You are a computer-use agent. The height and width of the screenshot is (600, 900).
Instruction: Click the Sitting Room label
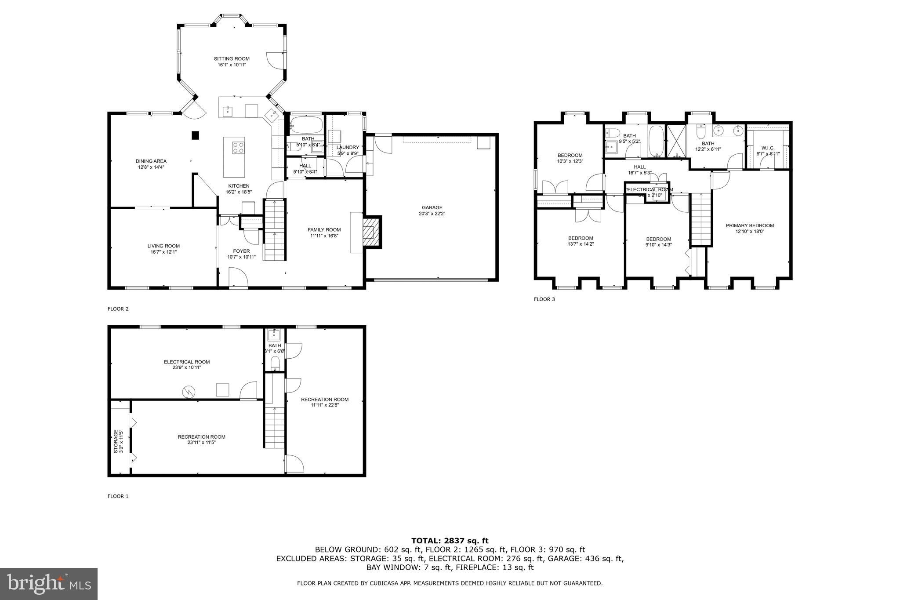232,58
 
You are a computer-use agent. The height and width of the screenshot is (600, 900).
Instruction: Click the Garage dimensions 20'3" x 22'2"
432,214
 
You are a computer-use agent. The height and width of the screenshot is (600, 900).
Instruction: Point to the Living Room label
163,246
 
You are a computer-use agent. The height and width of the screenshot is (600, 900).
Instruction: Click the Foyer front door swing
238,278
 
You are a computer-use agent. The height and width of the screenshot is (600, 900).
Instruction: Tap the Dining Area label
151,161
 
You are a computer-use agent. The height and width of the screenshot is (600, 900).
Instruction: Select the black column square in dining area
195,135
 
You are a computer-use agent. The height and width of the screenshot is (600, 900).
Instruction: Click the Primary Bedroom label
750,225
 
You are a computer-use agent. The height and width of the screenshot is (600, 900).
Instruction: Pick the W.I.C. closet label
767,148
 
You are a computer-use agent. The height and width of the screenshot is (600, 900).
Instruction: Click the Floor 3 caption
544,299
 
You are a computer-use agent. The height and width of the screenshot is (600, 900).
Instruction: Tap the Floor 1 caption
118,496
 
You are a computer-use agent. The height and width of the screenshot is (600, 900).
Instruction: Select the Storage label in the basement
116,441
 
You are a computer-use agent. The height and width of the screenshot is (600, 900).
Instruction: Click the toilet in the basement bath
275,363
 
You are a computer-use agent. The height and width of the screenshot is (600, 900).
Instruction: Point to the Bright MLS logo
49,584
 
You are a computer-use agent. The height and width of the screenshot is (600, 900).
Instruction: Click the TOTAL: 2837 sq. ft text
450,541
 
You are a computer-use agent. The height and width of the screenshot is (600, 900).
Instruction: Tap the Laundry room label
348,147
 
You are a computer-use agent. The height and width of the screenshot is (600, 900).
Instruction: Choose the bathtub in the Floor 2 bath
306,124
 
